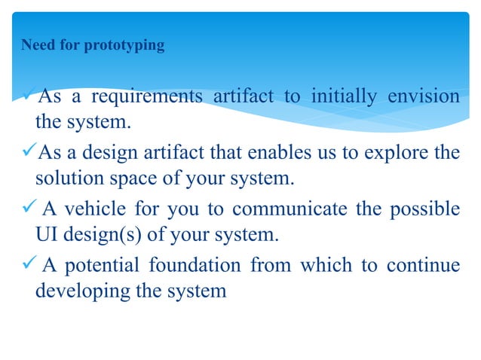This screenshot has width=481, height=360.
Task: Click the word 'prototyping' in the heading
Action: [x=124, y=46]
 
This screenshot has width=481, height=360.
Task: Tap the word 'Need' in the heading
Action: [x=38, y=46]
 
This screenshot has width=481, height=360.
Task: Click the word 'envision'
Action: [x=423, y=97]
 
